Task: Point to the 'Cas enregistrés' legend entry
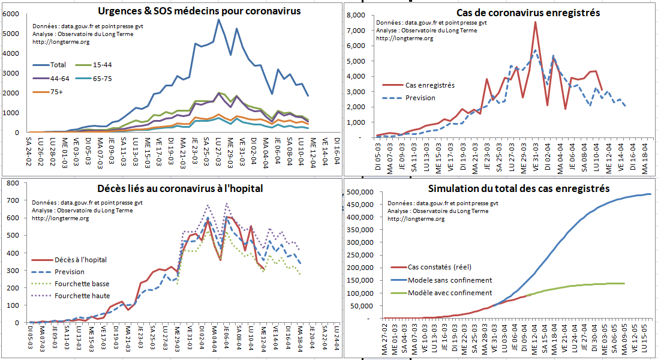coord(430,85)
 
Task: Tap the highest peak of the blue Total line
coord(219,20)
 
